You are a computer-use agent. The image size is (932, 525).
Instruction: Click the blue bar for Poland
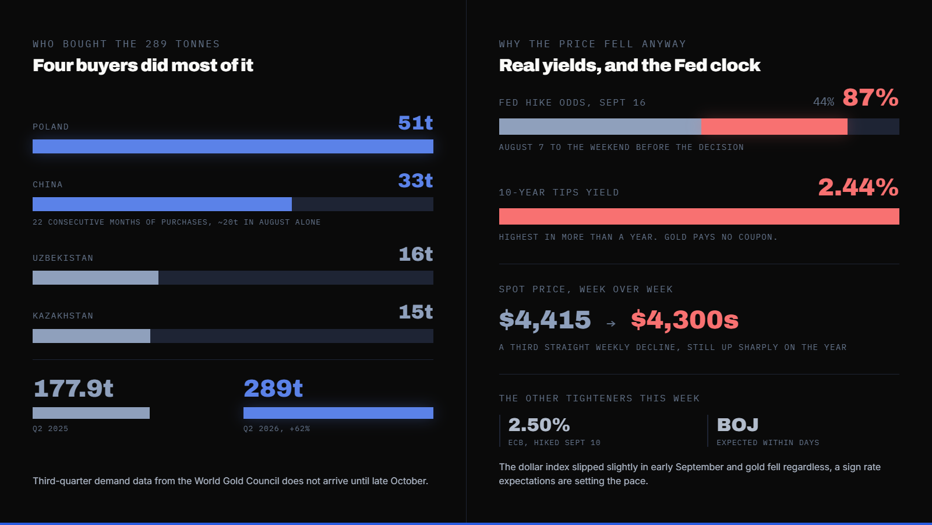click(233, 146)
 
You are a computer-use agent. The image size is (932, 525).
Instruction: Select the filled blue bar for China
click(163, 204)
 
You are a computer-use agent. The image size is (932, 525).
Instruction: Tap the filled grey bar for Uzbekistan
click(96, 278)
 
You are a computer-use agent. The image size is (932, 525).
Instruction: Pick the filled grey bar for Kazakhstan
click(91, 336)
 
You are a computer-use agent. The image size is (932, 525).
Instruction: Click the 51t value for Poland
click(415, 123)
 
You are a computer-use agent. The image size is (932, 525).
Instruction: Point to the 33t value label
click(415, 180)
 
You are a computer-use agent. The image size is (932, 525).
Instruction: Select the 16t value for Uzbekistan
click(416, 254)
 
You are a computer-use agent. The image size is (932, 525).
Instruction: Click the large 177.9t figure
click(73, 388)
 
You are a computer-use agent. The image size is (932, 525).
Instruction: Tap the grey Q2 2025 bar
click(91, 413)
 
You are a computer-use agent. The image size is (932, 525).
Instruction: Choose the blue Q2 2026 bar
click(338, 413)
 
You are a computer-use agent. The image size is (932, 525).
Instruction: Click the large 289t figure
click(273, 388)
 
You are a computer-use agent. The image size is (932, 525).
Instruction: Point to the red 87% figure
click(870, 97)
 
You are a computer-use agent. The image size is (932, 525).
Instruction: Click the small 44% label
click(824, 101)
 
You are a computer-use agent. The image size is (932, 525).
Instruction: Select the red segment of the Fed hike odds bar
click(774, 126)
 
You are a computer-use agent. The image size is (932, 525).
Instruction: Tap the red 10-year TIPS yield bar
click(699, 216)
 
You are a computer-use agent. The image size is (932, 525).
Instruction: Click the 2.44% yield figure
click(859, 187)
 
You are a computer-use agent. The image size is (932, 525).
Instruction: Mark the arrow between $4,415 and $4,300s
click(611, 323)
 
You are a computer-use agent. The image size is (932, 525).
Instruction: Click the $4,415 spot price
click(545, 320)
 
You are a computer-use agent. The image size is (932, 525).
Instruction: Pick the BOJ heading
click(737, 425)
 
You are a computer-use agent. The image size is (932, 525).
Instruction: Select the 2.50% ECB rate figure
click(539, 425)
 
